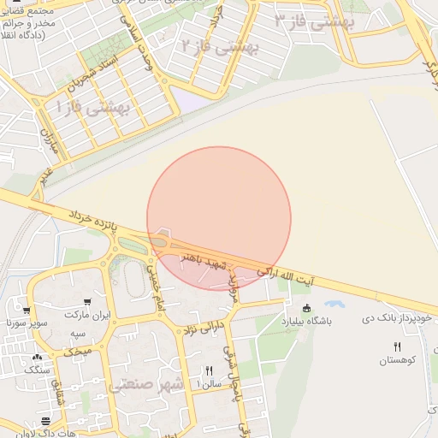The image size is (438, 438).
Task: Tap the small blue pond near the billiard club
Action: point(334,304)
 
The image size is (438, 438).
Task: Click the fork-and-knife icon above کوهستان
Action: point(397,346)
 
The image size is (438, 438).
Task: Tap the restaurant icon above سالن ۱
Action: point(209,370)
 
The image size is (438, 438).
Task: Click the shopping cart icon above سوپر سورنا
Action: point(27,311)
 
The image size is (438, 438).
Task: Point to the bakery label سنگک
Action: point(37,370)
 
